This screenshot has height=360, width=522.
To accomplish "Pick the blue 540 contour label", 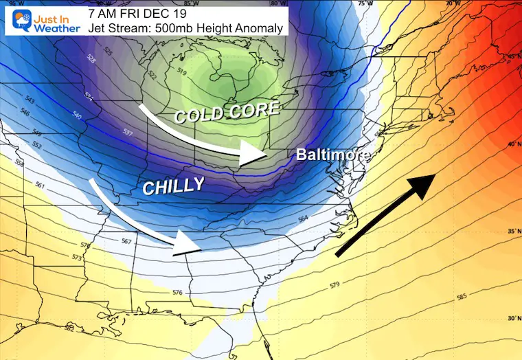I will [77, 117].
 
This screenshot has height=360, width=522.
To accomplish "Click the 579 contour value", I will [334, 284].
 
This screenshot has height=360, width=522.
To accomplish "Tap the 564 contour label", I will [304, 218].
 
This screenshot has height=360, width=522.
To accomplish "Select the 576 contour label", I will [177, 293].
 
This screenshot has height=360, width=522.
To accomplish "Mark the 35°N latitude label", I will [512, 232].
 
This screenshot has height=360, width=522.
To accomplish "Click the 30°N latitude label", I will [512, 318].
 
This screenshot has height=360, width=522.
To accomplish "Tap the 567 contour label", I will [126, 241].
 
